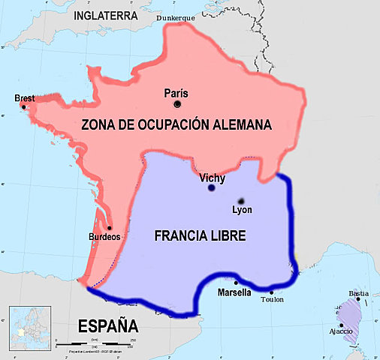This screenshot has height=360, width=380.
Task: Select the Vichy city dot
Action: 211,188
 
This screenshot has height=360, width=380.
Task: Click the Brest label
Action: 25,98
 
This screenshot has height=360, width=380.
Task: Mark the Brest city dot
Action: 24,107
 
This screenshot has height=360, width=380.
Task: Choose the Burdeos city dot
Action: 109,228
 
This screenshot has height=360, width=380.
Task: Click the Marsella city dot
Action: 237,283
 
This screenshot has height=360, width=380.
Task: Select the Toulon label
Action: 272,300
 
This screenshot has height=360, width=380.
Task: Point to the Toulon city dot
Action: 271,292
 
